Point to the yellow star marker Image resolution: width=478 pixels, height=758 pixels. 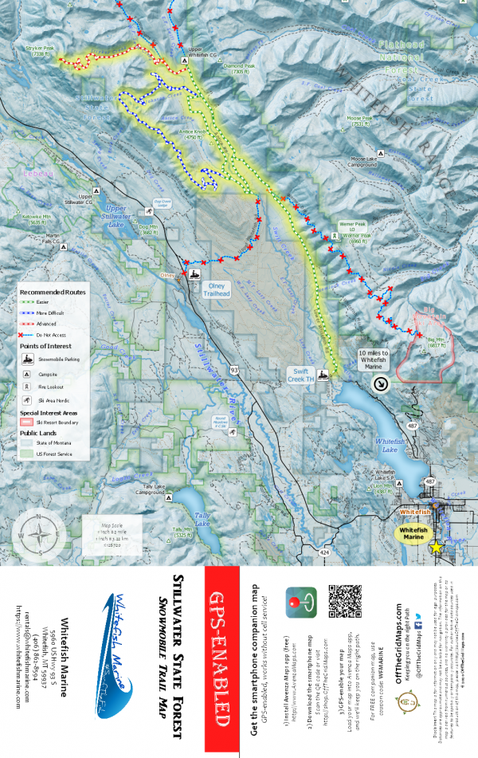[436, 547]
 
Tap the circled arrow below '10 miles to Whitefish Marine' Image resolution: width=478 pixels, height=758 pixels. [381, 383]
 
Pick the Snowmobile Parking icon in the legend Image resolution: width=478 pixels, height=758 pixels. [27, 360]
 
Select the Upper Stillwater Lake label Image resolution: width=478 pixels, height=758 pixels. [122, 213]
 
